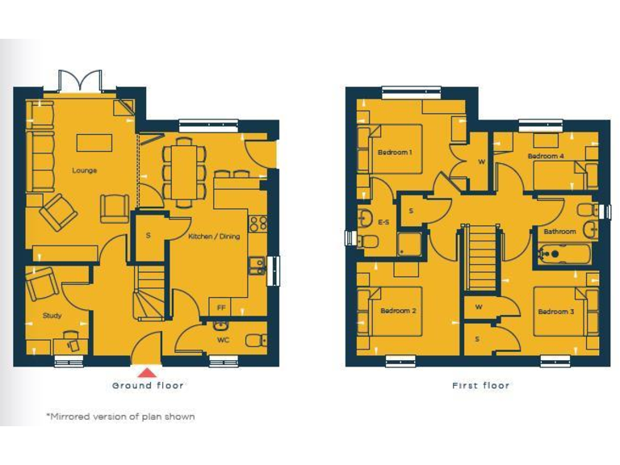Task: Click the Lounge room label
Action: click(x=84, y=170)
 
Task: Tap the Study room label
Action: click(x=52, y=316)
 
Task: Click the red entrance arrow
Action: click(x=147, y=372)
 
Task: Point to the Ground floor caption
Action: click(x=148, y=386)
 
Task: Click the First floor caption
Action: click(x=480, y=386)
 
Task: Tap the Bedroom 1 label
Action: click(x=395, y=153)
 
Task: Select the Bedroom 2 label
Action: click(x=397, y=311)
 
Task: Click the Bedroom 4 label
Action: click(x=546, y=156)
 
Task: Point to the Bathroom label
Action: click(x=559, y=232)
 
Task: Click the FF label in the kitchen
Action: click(x=221, y=308)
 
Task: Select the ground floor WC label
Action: click(x=223, y=340)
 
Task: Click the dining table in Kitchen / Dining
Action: click(x=182, y=170)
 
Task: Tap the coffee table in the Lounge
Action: click(x=94, y=143)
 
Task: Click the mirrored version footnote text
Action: click(x=119, y=417)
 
